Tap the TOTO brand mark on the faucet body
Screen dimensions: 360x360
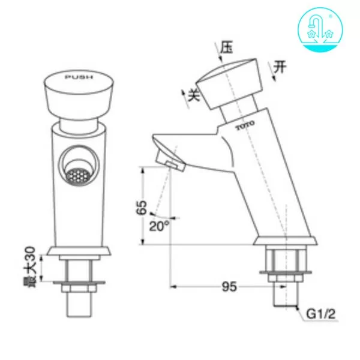coord(245,127)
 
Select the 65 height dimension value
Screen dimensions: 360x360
coord(141,208)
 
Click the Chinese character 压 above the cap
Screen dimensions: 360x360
coord(226,46)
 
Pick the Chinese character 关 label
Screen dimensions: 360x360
coord(193,94)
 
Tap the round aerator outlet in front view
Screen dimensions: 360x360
coord(75,173)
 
